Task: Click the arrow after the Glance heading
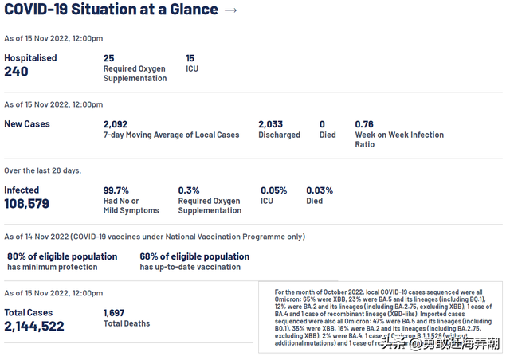(x=231, y=10)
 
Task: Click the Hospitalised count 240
(x=16, y=72)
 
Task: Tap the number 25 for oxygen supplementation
(x=109, y=58)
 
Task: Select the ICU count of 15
(x=190, y=58)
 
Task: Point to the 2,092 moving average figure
(x=116, y=124)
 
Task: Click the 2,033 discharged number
(x=271, y=124)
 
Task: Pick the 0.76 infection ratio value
(x=364, y=124)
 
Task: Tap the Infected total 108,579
(x=27, y=204)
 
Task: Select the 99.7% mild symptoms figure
(x=116, y=190)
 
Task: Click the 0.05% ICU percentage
(x=274, y=190)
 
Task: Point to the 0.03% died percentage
(x=320, y=190)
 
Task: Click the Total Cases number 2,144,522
(x=34, y=327)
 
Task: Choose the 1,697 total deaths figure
(x=115, y=313)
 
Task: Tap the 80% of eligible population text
(x=62, y=256)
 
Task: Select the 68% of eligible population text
(x=194, y=256)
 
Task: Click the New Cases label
(x=27, y=124)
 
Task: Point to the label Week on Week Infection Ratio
(x=399, y=140)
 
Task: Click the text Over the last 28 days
(x=43, y=170)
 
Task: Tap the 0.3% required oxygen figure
(x=189, y=190)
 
